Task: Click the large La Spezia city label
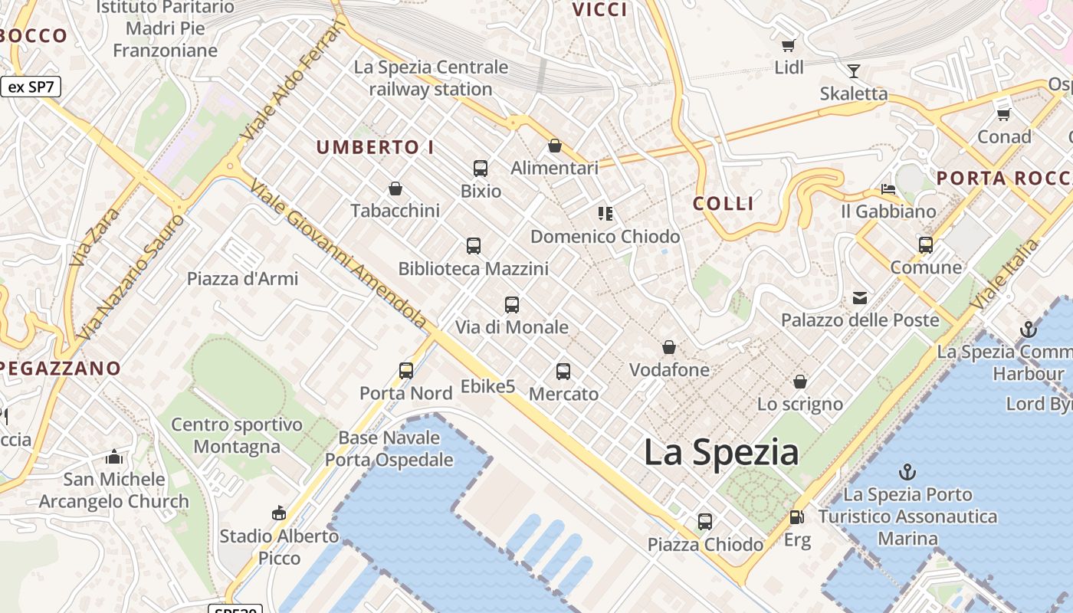(x=721, y=452)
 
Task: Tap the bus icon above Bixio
(x=481, y=169)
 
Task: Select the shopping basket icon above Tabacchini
(x=395, y=188)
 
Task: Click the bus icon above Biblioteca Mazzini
(x=474, y=246)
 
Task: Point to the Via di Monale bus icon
(x=512, y=305)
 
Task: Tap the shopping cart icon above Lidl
(x=788, y=45)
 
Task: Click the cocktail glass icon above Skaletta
(x=854, y=71)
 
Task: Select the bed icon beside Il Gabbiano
(x=888, y=188)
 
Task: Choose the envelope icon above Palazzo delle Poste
(x=859, y=298)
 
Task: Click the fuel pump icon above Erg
(x=797, y=518)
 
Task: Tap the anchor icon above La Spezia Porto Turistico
(x=907, y=472)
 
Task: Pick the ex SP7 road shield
(x=31, y=87)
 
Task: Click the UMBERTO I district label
(x=375, y=147)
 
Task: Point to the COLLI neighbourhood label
(x=724, y=204)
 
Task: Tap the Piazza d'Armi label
(x=242, y=279)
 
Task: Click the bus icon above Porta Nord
(x=406, y=371)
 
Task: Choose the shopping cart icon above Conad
(x=1003, y=114)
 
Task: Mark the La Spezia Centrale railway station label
(x=431, y=78)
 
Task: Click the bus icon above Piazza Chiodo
(x=705, y=522)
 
